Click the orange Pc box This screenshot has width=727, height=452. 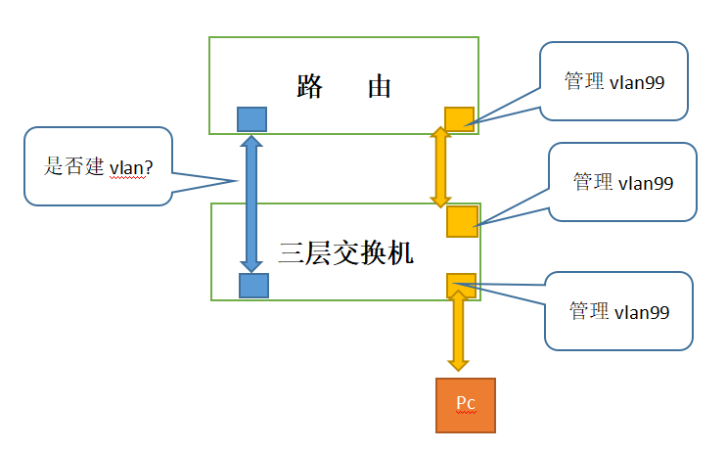coord(465,405)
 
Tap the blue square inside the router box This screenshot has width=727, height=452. coord(252,119)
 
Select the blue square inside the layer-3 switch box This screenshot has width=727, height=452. coord(253,286)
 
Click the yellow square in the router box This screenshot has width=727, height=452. coord(459,119)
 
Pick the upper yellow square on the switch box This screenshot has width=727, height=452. coord(462,221)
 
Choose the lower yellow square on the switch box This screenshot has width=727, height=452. coord(461,285)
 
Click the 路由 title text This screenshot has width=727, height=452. coord(343,86)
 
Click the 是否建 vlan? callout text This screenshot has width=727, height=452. coord(98,166)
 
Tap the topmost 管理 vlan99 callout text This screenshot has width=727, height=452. coord(614,81)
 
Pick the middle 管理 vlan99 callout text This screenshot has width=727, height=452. coord(623,182)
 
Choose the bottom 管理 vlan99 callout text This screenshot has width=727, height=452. coord(619,311)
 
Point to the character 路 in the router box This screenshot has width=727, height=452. coord(310,86)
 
